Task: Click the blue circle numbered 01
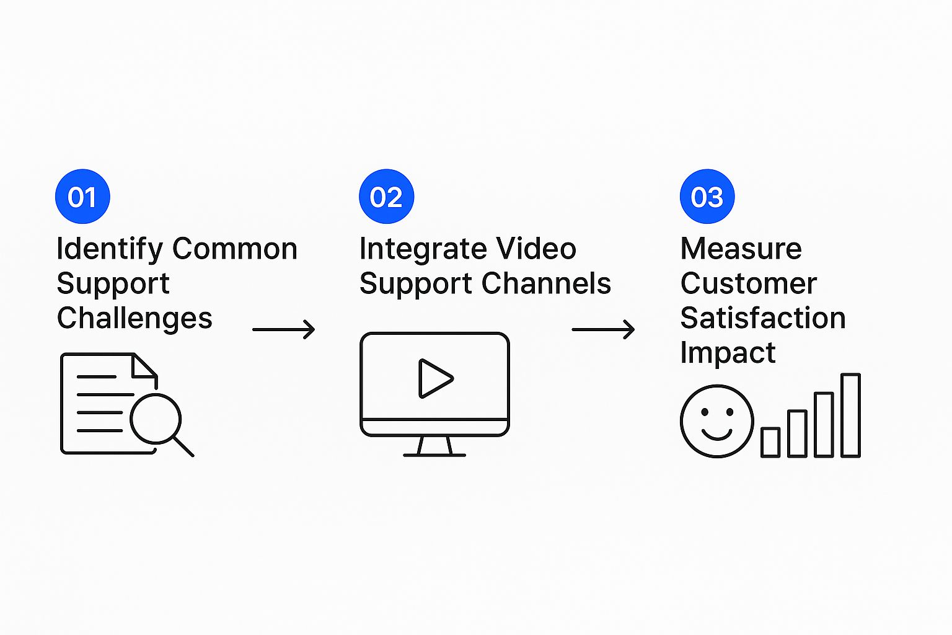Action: (82, 197)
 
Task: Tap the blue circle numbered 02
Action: (386, 197)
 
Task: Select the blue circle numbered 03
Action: (707, 197)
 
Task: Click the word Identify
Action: (110, 249)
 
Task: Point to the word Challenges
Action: (134, 319)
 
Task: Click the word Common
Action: (235, 249)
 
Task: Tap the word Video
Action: (537, 249)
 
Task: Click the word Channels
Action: (546, 284)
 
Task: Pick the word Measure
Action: (741, 249)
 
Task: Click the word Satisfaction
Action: (763, 319)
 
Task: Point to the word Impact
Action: (728, 353)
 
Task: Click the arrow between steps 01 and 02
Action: (284, 329)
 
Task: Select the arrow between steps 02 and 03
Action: (603, 329)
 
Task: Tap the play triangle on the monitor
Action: (434, 378)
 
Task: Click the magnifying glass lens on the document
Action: (156, 419)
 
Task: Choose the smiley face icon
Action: (717, 421)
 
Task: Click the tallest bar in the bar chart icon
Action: (850, 415)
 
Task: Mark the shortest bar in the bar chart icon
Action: (770, 442)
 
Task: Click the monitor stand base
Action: (434, 455)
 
